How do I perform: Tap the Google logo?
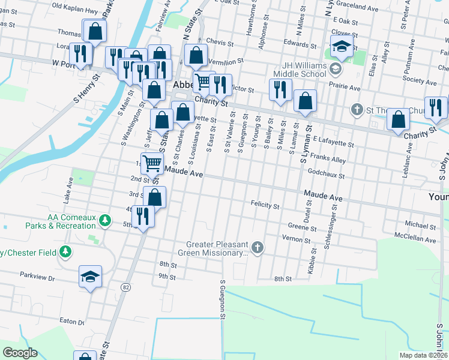tap(20, 352)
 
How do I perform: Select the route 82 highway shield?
tap(125, 287)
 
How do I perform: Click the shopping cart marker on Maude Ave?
tap(152, 163)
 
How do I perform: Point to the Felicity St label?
tap(265, 206)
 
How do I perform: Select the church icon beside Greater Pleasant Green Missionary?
tap(258, 247)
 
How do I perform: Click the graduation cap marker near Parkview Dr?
tap(91, 277)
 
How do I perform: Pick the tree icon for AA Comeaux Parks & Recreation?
tap(106, 221)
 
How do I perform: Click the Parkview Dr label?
tap(37, 278)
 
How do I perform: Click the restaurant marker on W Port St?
tap(80, 53)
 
